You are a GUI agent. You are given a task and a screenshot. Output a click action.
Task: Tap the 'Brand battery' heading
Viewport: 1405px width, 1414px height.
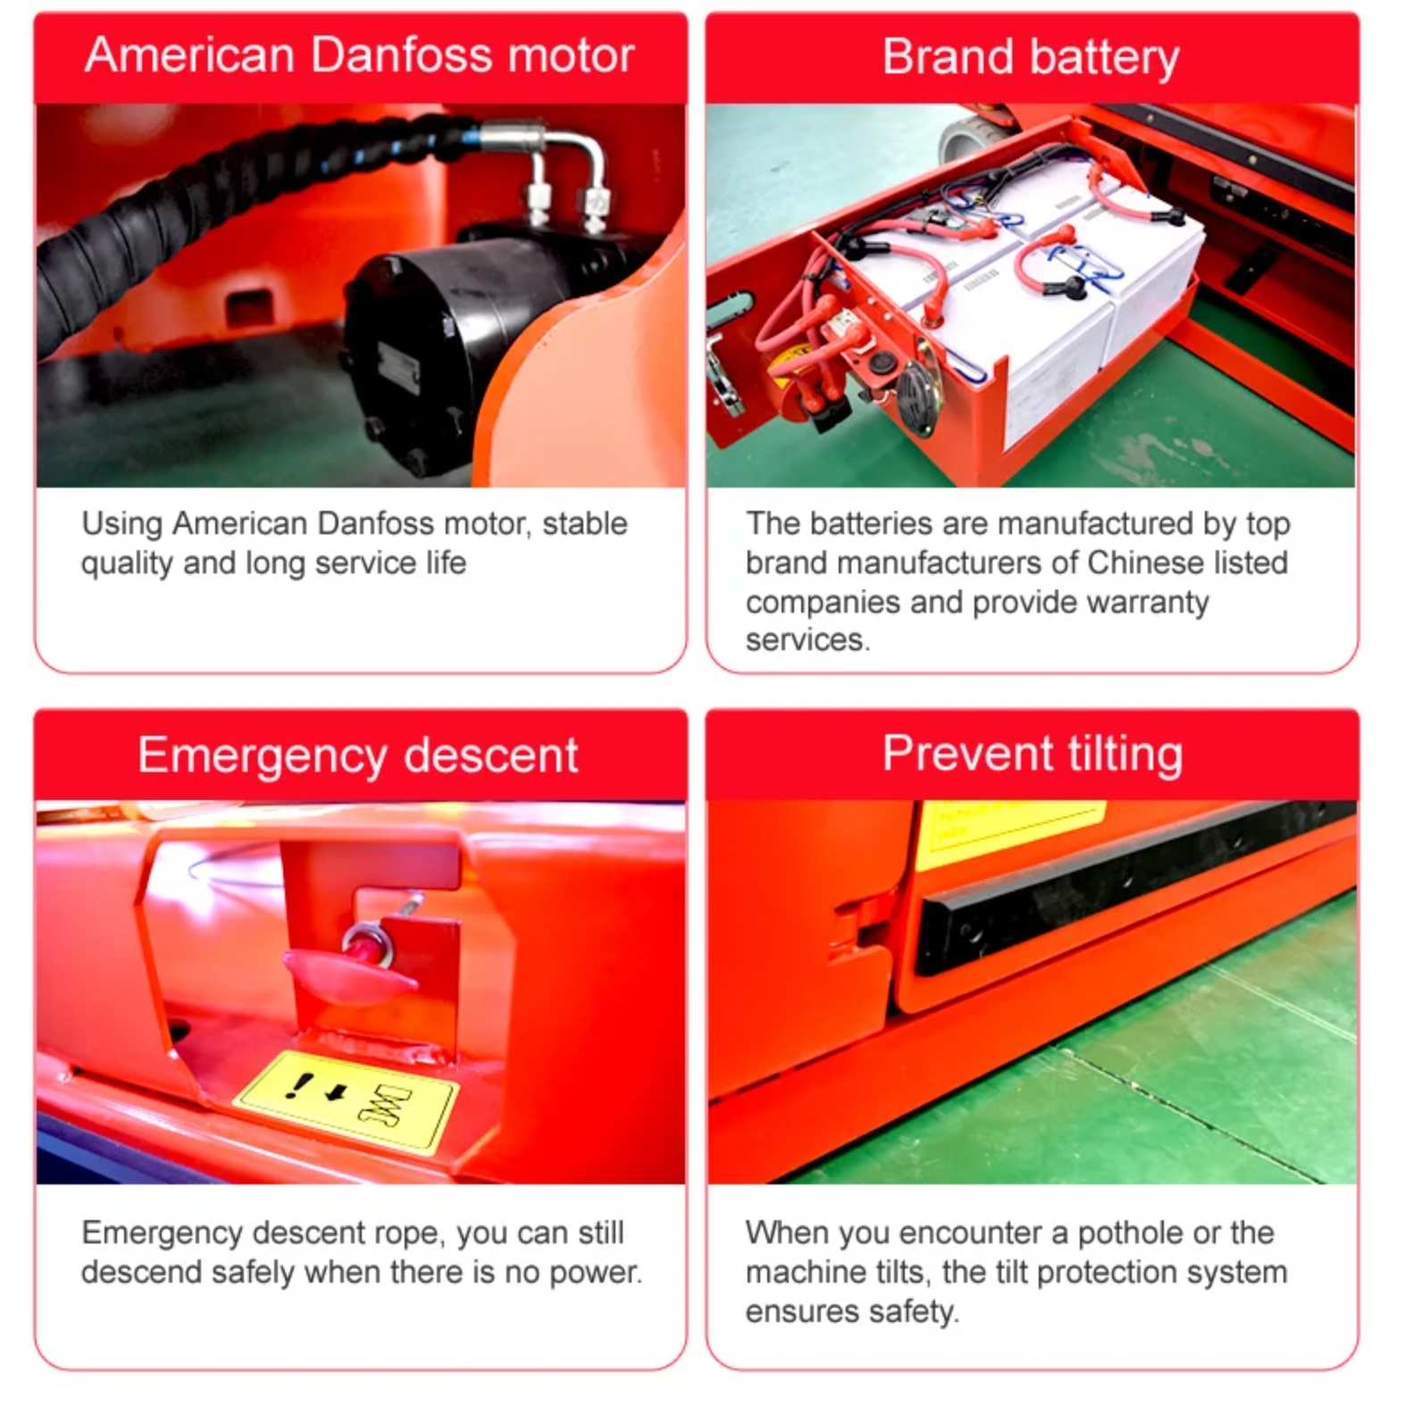tap(1031, 58)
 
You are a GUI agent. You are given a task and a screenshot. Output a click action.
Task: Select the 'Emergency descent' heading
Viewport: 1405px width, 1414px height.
tap(358, 757)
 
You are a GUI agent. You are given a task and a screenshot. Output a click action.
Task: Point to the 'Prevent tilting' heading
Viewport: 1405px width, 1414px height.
tap(1033, 755)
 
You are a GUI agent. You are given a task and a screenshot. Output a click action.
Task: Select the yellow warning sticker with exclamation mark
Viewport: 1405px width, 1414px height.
tap(347, 1101)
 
